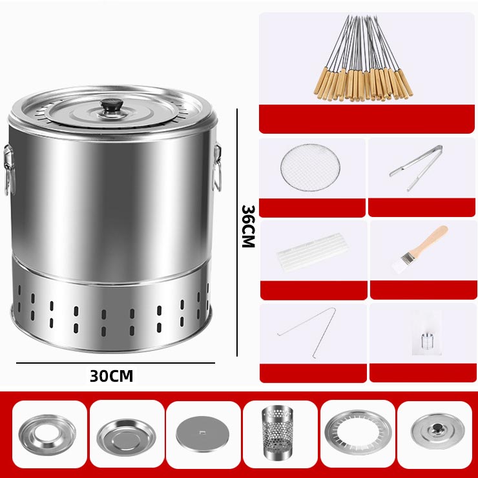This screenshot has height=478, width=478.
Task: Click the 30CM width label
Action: click(x=111, y=376)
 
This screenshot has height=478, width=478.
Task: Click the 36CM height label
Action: click(x=248, y=226)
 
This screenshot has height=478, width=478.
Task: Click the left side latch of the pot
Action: click(x=9, y=169)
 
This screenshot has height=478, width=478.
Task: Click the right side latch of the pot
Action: click(x=217, y=167)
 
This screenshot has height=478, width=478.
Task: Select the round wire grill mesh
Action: click(x=310, y=168)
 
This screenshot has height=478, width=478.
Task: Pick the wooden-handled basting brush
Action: click(x=419, y=249)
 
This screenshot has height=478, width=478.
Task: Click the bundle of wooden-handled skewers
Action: click(x=363, y=59)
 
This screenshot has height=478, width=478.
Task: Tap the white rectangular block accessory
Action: click(x=313, y=251)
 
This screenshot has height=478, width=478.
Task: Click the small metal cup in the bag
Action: click(x=427, y=341)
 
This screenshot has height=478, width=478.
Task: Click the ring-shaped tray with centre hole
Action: click(x=47, y=435)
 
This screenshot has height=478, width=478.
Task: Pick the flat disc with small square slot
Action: click(x=202, y=434)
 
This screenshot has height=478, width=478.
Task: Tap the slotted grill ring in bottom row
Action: click(x=358, y=432)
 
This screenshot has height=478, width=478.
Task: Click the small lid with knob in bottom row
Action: click(x=437, y=431)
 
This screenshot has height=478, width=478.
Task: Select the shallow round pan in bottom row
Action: click(x=126, y=437)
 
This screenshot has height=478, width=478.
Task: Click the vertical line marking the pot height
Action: click(x=237, y=233)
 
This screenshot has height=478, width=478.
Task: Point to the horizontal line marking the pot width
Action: click(x=116, y=363)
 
